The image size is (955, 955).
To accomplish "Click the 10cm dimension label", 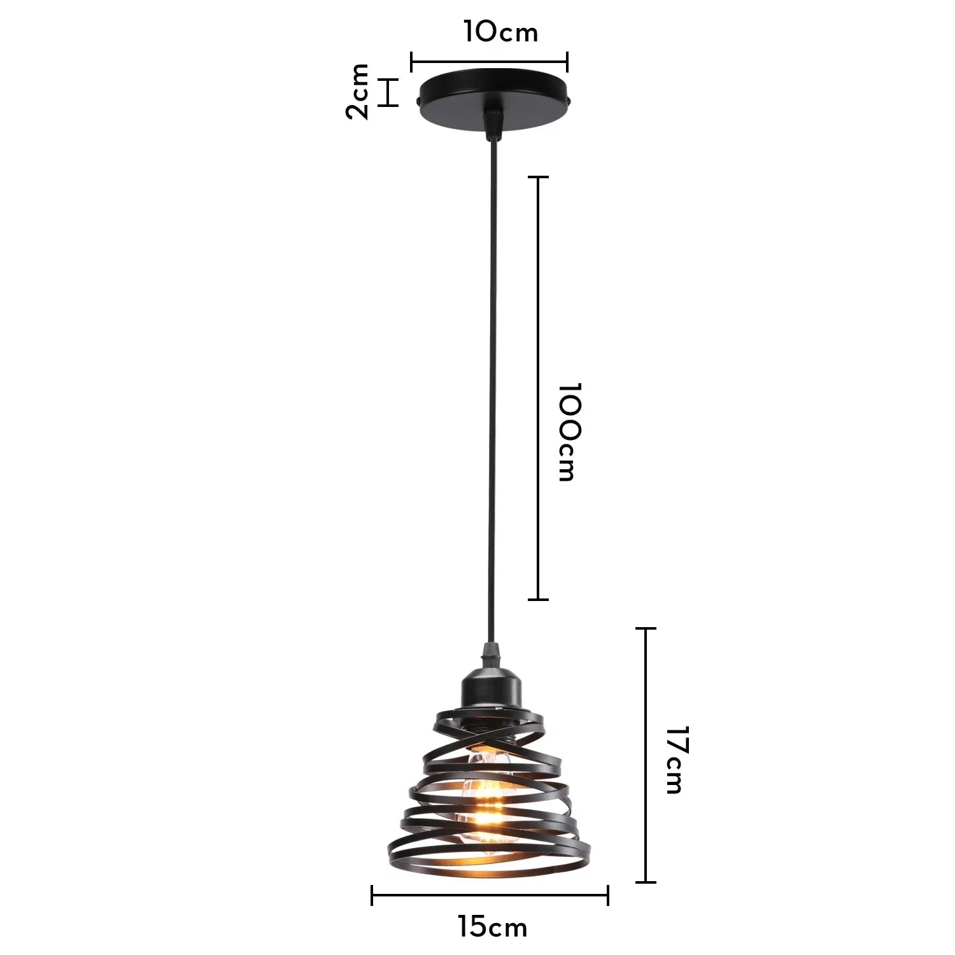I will [x=500, y=32].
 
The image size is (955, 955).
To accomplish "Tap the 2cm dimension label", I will [x=358, y=91].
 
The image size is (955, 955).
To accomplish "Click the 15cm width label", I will [x=492, y=927].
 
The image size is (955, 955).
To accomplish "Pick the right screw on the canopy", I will [x=570, y=101].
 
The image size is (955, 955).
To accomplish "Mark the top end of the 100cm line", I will [x=539, y=177].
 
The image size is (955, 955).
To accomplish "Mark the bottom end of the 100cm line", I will [x=539, y=599].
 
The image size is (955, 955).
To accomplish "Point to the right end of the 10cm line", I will [x=567, y=62].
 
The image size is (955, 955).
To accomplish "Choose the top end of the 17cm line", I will [x=646, y=628].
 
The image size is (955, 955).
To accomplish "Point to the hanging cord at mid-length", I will [x=492, y=382].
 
